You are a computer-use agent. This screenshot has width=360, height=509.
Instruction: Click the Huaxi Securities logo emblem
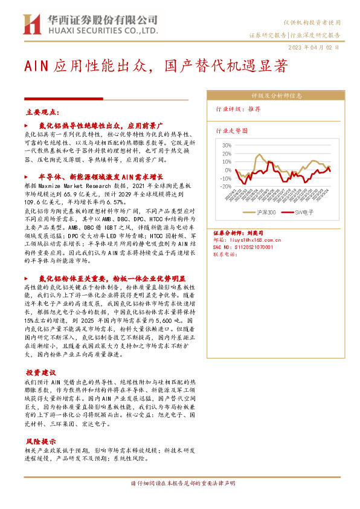tap(30, 24)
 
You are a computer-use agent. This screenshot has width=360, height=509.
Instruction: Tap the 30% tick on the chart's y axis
tap(226, 146)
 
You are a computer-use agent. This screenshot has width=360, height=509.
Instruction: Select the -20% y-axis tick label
tap(225, 187)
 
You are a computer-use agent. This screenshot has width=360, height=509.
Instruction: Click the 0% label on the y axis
tap(227, 170)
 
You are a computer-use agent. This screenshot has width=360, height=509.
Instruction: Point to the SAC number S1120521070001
tap(243, 247)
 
